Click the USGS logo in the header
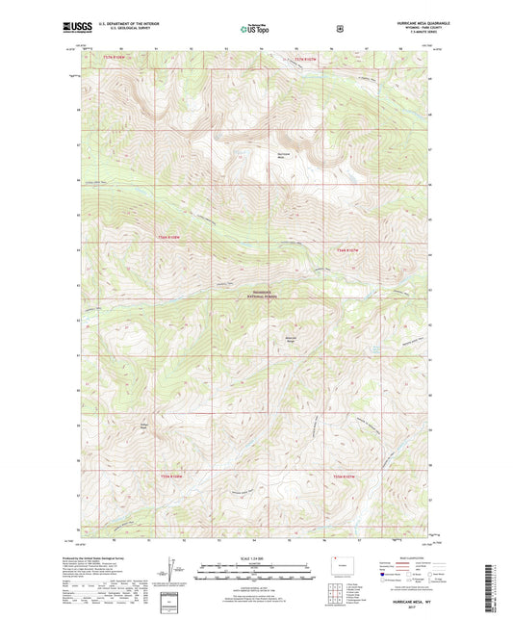pos(76,28)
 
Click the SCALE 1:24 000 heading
pos(251,558)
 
